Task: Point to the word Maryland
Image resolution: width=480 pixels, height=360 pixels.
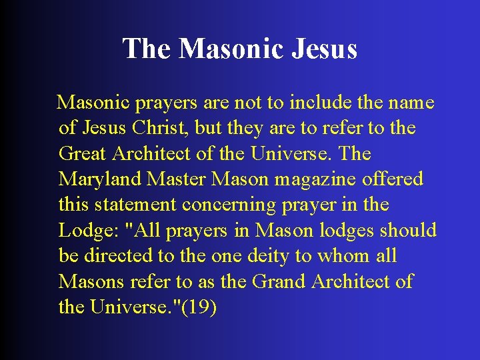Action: (97, 179)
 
